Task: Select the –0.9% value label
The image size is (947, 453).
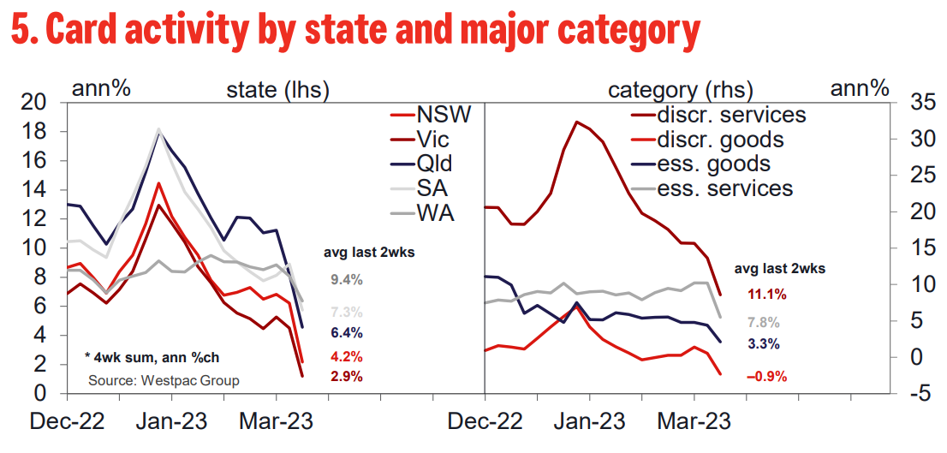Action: pos(766,376)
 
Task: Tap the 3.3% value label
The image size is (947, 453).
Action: pos(762,345)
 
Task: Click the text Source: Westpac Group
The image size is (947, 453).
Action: pos(164,381)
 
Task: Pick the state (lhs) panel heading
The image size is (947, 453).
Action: pos(277,90)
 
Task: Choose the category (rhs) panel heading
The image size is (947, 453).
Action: pos(681,90)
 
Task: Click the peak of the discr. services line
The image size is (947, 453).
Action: pos(577,122)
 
